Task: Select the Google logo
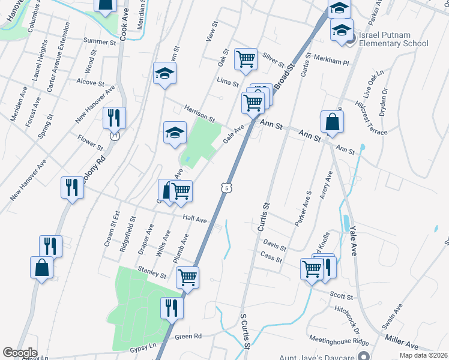tap(20, 353)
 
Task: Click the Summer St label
tap(100, 42)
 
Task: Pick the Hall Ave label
tap(195, 221)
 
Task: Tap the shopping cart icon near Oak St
tap(246, 59)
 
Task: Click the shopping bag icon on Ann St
tap(331, 122)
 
